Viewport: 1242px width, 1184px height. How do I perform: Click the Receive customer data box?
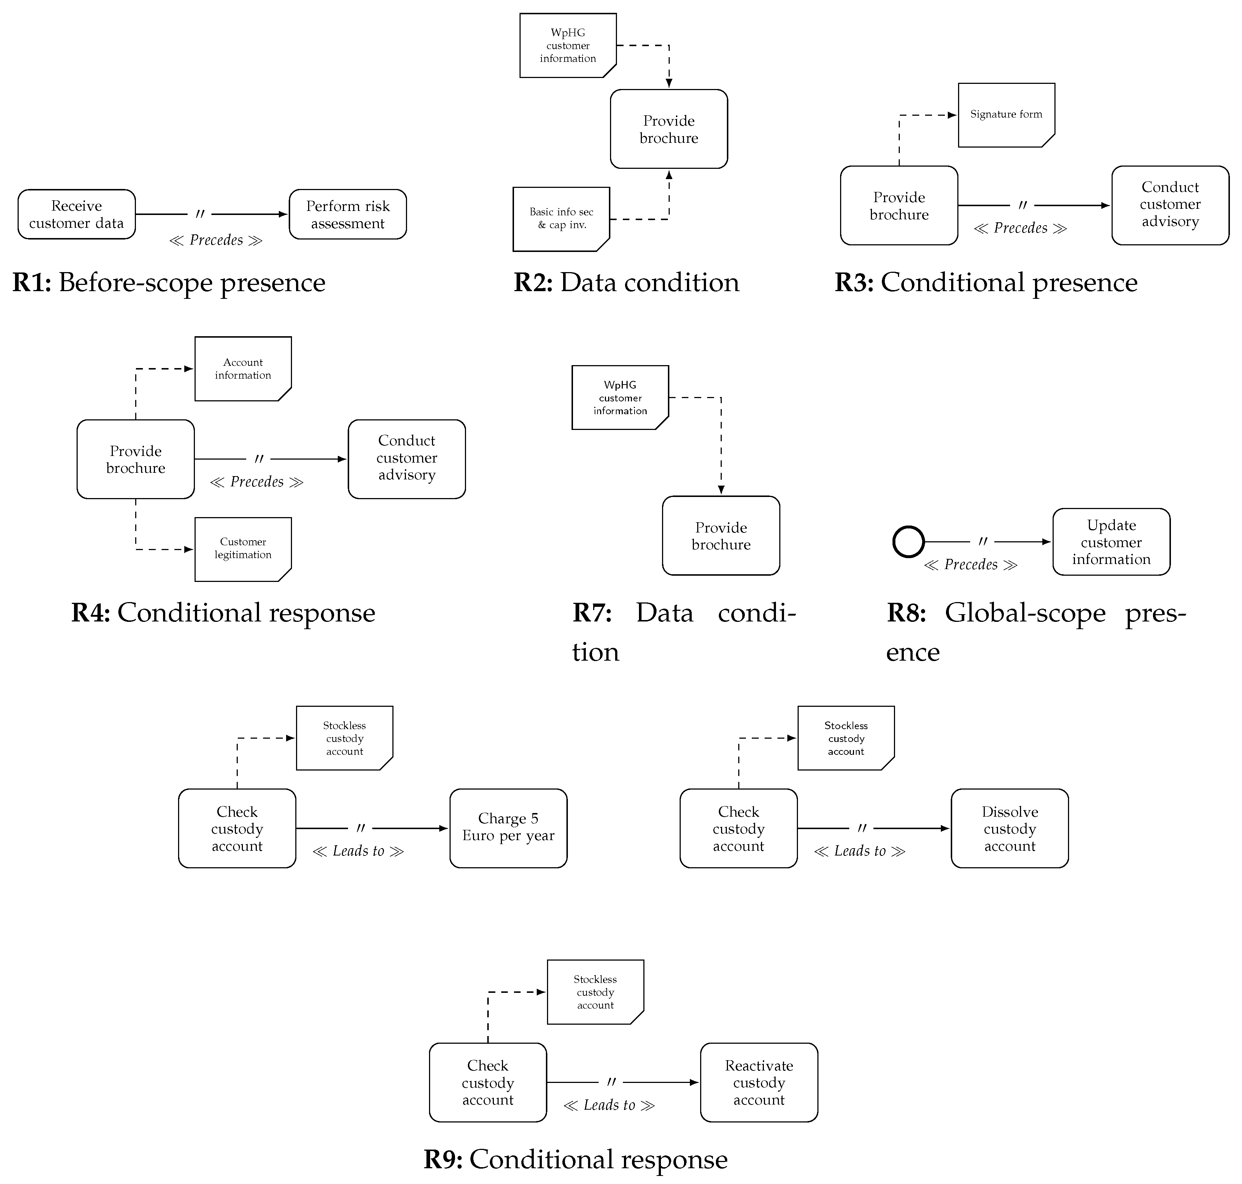77,215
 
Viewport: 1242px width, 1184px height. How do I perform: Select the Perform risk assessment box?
347,215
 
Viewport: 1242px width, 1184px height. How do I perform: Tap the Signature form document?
1006,115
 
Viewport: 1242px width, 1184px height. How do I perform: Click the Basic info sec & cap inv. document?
561,219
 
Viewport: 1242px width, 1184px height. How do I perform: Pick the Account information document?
243,368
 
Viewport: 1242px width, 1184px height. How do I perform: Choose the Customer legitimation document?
243,549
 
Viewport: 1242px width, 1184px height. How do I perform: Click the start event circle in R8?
908,542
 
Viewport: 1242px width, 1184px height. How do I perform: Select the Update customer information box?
1111,542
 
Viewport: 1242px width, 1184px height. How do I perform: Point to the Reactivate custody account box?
758,1083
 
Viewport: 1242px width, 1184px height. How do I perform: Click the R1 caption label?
169,282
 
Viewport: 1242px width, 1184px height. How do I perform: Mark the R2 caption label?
626,282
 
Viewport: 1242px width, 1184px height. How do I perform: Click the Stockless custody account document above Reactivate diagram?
595,992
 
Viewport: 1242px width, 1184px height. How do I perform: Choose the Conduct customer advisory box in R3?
1169,205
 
